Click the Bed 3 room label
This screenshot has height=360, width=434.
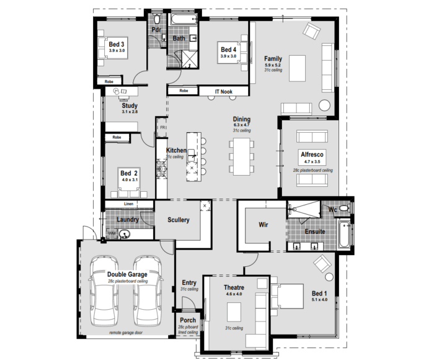(x=117, y=45)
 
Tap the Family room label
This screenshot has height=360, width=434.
(x=273, y=58)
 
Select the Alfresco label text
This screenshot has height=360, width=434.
(x=313, y=154)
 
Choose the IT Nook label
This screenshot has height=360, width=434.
(x=223, y=92)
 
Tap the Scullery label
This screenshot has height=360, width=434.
(x=179, y=220)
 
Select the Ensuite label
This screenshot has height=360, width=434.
(x=315, y=232)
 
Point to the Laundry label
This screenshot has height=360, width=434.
(x=127, y=219)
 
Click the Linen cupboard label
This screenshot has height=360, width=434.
(x=128, y=204)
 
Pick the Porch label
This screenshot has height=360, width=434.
(x=188, y=320)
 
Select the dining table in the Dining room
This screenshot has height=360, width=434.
(x=241, y=156)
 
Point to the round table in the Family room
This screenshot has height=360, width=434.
(x=325, y=104)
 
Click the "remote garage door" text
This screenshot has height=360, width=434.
(x=126, y=333)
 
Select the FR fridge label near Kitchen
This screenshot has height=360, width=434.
(x=162, y=128)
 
